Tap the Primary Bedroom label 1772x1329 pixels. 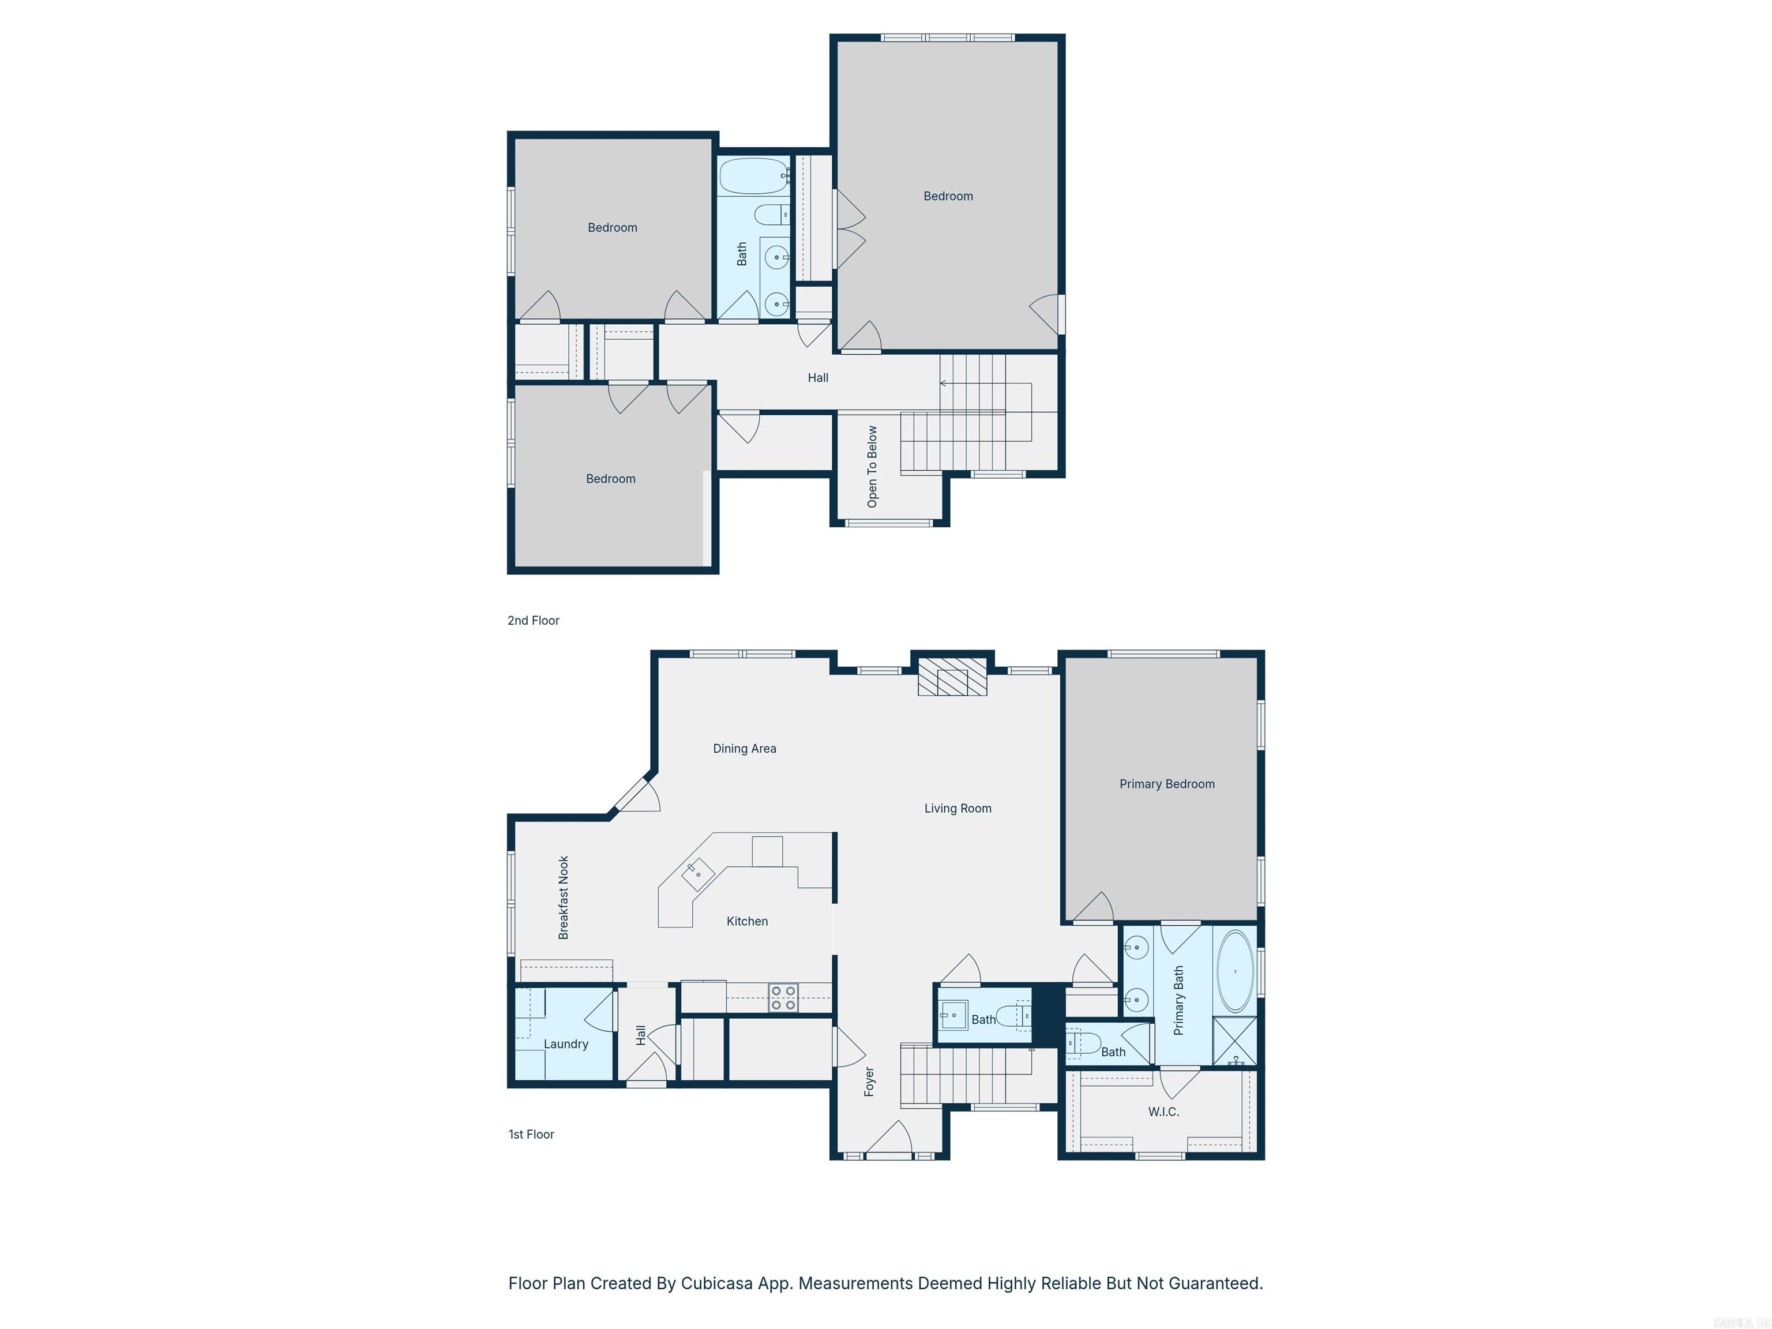[x=1166, y=784]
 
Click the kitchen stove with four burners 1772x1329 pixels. [x=783, y=998]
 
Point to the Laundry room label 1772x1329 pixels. [x=565, y=1044]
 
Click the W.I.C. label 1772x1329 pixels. [x=1163, y=1112]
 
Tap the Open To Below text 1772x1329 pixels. [x=872, y=466]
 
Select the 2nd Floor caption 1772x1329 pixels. [x=534, y=621]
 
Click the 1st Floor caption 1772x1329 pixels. [x=531, y=1135]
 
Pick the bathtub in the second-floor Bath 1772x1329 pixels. [x=753, y=177]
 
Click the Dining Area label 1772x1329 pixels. [x=744, y=749]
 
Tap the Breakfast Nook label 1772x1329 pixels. [x=563, y=897]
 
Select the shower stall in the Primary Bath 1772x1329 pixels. [x=1234, y=1040]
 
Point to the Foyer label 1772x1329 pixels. [x=869, y=1082]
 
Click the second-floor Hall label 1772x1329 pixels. [x=817, y=378]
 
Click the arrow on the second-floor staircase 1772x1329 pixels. [x=944, y=384]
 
